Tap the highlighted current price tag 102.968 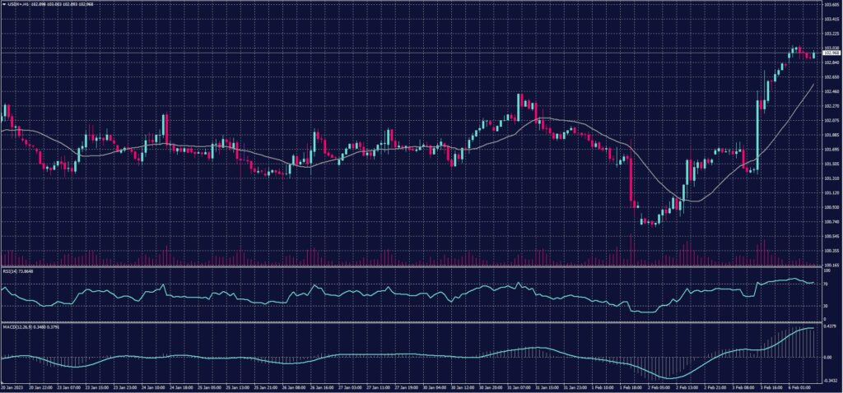(832, 54)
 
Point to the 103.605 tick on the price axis (831, 4)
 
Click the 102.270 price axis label (831, 105)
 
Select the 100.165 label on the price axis (831, 266)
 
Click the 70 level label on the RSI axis (826, 283)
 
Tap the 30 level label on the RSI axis (826, 306)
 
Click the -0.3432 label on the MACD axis (830, 381)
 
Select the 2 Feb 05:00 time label (659, 386)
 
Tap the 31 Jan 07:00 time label (518, 386)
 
